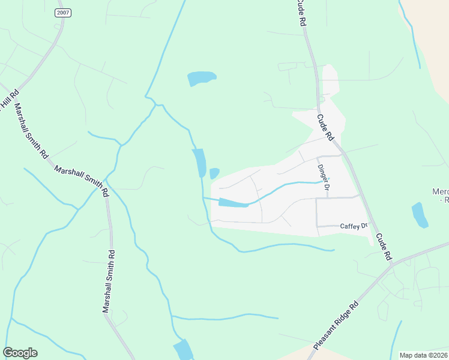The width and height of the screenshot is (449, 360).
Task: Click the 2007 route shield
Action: [62, 13]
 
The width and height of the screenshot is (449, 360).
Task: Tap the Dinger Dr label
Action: [324, 177]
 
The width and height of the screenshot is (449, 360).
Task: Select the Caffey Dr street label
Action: [352, 226]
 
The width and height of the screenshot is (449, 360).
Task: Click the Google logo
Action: [20, 353]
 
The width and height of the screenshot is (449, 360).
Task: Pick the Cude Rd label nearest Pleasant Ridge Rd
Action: [384, 245]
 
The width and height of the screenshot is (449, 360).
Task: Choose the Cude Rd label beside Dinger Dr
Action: [325, 127]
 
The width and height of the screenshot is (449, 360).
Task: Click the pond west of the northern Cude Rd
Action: [201, 79]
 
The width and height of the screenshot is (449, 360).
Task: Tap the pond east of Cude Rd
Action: [420, 215]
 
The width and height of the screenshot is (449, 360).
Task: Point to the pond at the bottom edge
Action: [183, 350]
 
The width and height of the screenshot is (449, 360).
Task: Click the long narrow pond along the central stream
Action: [199, 163]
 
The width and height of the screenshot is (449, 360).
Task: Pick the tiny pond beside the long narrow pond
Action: [214, 173]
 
